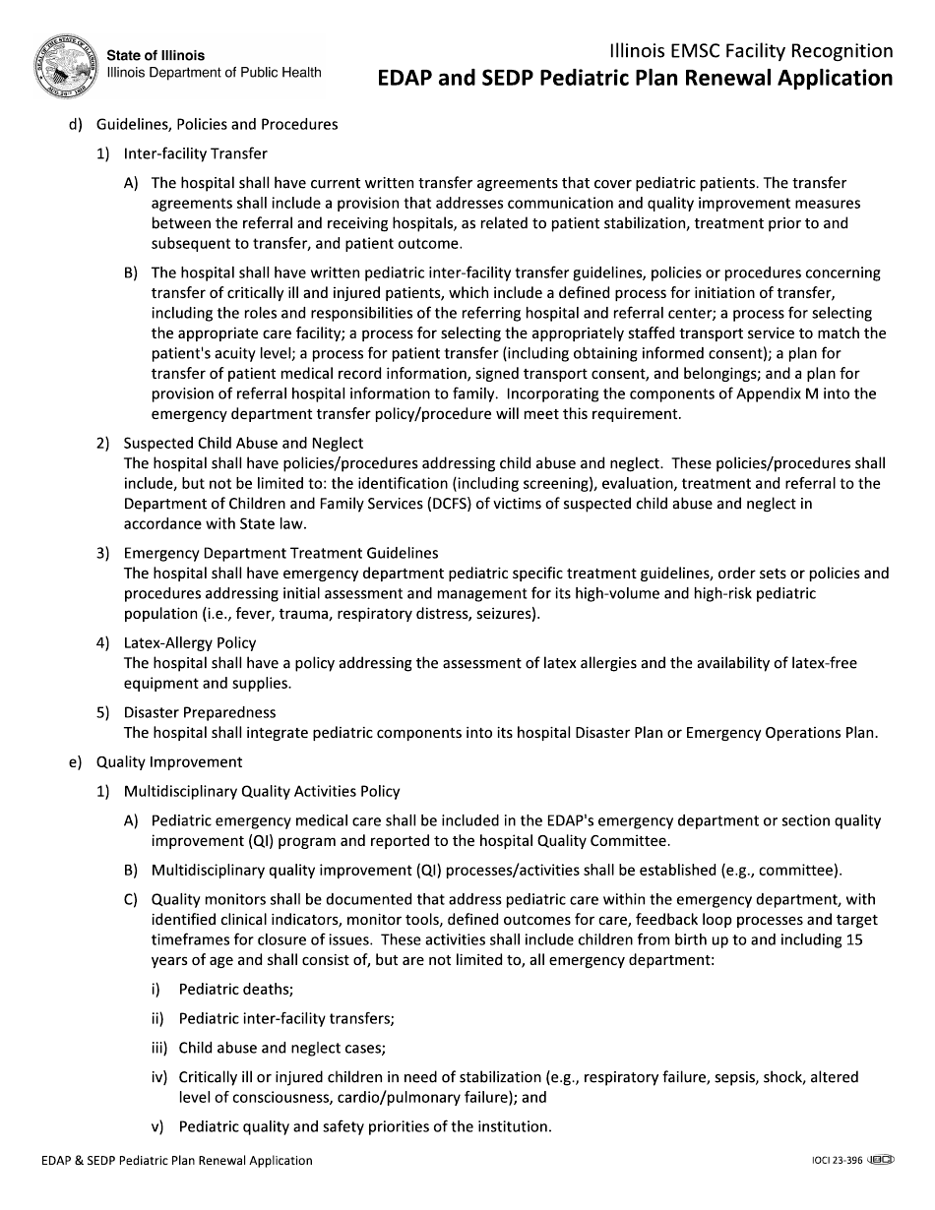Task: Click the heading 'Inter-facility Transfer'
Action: (195, 153)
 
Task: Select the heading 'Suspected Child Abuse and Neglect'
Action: (243, 443)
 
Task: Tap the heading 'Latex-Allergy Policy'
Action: (189, 642)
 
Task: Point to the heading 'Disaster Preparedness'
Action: (199, 712)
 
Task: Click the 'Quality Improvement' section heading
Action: (168, 761)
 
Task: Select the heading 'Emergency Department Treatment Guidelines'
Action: (280, 553)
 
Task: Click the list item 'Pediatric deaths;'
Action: (236, 990)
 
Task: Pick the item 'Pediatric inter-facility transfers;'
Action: (286, 1019)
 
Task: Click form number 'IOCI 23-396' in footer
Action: (831, 1161)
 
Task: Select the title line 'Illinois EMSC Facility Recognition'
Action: (751, 51)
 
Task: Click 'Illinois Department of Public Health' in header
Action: (214, 72)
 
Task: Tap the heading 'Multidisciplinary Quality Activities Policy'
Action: (262, 791)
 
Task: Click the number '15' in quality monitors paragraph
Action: (855, 939)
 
